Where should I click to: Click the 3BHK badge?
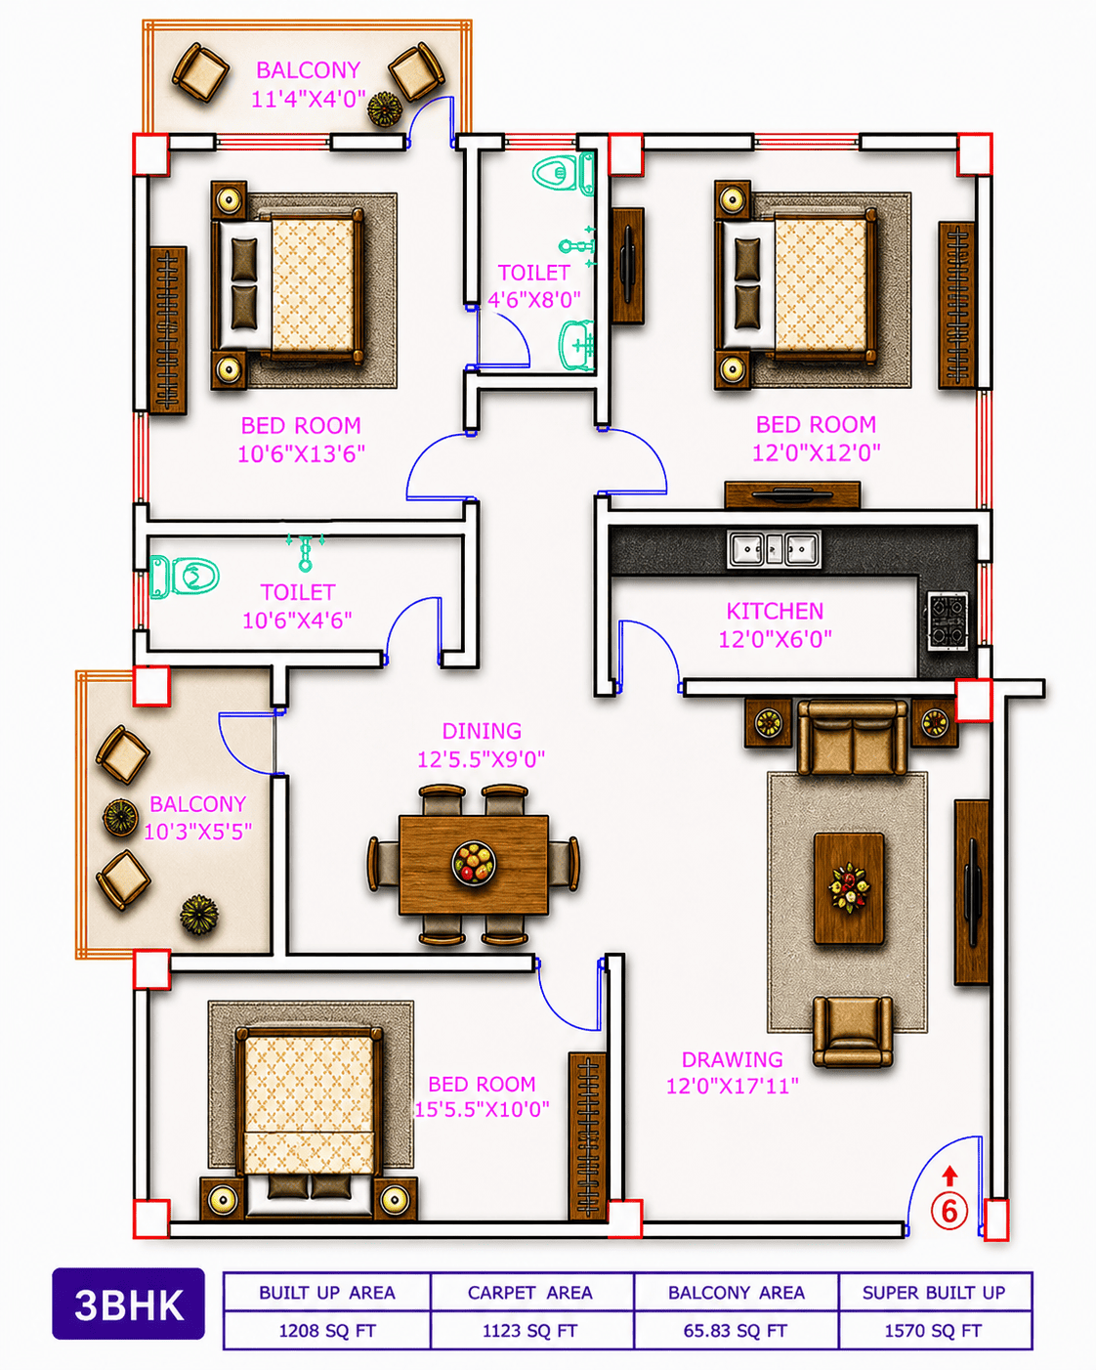(129, 1304)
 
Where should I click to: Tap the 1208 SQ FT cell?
(327, 1330)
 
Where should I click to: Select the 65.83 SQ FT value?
(736, 1331)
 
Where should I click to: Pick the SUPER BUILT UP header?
(934, 1293)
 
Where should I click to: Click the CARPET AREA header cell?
(530, 1293)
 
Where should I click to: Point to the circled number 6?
(948, 1211)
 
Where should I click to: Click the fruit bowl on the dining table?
(474, 863)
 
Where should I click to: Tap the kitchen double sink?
(774, 548)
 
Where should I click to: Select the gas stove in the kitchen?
(948, 621)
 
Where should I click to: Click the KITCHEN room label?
(775, 611)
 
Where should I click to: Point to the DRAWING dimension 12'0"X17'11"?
(732, 1086)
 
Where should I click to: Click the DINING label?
(482, 731)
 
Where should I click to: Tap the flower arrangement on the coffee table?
(849, 887)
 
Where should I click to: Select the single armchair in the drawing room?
(852, 1031)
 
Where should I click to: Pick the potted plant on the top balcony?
(385, 108)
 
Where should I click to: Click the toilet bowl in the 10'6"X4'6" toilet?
(185, 577)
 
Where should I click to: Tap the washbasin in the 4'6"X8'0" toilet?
(576, 344)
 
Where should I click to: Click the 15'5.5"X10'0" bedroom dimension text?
(482, 1109)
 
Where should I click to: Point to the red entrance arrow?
(949, 1176)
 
